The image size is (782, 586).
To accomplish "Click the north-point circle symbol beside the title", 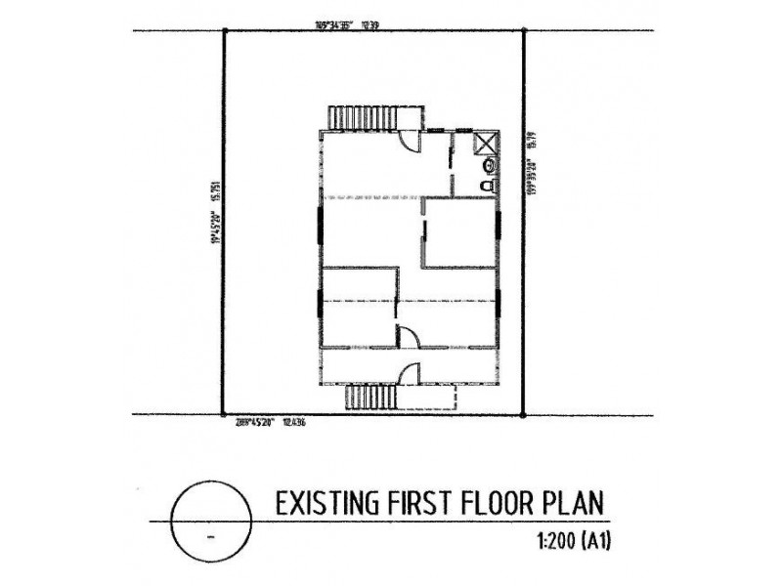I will tap(208, 519).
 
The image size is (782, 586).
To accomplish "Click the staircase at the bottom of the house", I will tap(372, 398).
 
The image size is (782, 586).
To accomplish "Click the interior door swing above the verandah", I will tap(409, 336).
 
